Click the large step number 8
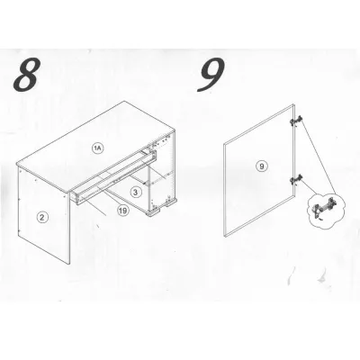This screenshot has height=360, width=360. tap(26, 75)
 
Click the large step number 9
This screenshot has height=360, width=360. tap(211, 74)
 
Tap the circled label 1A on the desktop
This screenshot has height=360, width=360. tap(98, 148)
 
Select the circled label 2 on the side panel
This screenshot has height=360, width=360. tap(42, 217)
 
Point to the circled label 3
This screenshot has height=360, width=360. tap(136, 192)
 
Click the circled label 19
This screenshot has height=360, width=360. tap(122, 211)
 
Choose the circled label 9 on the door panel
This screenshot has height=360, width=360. tap(262, 166)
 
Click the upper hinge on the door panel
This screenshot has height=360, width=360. tap(296, 121)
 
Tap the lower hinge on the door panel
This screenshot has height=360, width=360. tap(296, 180)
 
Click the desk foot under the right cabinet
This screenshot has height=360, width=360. tap(154, 213)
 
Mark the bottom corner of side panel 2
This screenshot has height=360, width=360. tap(69, 265)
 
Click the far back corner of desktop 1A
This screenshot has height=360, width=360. tap(124, 101)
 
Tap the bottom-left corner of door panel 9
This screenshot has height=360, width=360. tap(225, 237)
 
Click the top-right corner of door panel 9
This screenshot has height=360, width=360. tap(293, 104)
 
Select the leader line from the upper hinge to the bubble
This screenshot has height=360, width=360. tap(319, 157)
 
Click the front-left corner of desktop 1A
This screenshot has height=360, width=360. tap(17, 164)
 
